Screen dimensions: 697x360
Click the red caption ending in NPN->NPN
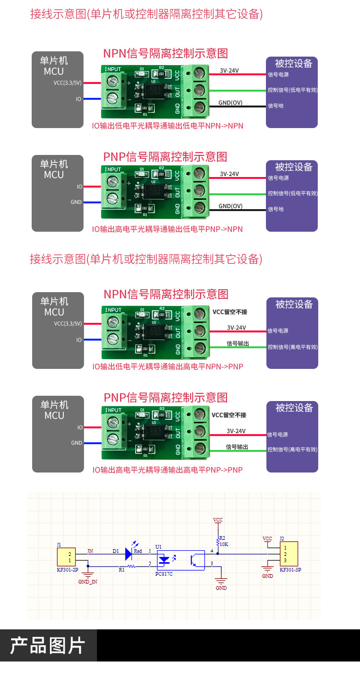point(168,126)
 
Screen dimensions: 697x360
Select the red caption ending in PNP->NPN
point(168,229)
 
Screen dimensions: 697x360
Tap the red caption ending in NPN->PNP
point(168,366)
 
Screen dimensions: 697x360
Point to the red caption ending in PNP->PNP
point(168,470)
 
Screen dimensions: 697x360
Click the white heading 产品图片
point(48,646)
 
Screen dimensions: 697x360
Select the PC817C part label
point(164,574)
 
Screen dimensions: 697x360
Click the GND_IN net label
point(87,581)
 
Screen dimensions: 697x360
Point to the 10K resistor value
point(224,544)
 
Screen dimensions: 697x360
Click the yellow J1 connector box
point(66,557)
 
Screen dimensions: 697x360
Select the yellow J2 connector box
point(288,554)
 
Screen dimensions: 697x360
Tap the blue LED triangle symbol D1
point(128,554)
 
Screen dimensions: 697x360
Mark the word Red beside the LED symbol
point(138,551)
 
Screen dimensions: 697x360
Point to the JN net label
point(90,551)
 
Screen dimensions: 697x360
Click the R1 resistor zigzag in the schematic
point(132,566)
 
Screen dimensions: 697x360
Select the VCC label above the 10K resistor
point(218,520)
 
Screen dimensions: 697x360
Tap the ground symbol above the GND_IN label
point(87,573)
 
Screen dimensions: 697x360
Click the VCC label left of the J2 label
point(267,539)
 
